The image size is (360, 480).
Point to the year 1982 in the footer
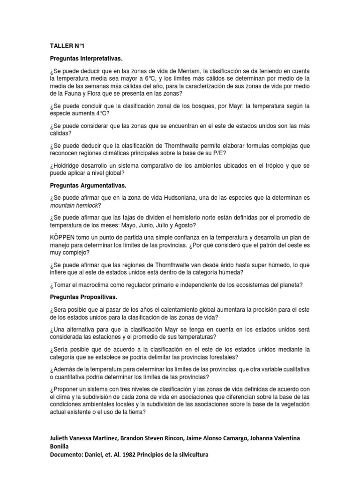tap(138, 455)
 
